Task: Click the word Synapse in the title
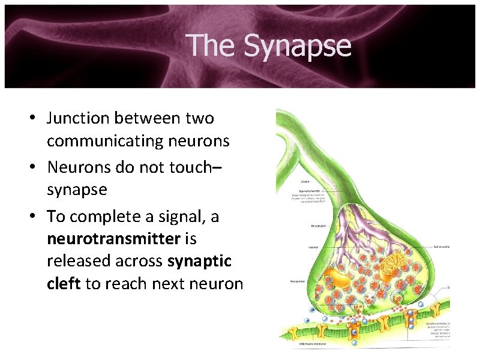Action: click(x=298, y=46)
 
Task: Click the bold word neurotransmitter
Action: click(x=113, y=239)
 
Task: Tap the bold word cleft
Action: click(x=63, y=284)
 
